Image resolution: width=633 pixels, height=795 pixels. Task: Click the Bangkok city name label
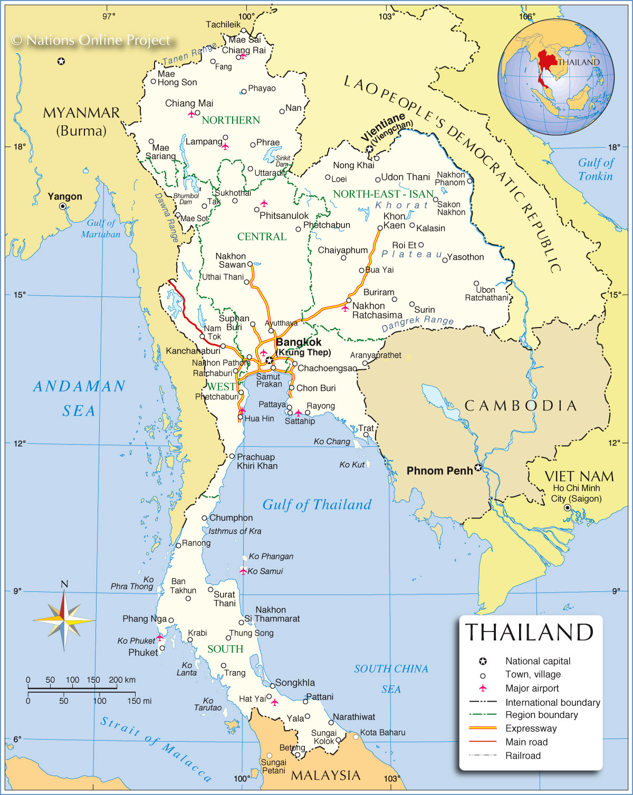[299, 342]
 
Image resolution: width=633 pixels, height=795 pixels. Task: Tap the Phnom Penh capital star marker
[478, 467]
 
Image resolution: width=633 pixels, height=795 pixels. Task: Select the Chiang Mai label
[189, 103]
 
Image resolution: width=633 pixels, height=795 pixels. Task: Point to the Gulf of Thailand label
[317, 505]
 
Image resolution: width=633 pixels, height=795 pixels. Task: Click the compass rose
[64, 619]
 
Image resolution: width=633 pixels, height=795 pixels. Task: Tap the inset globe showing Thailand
[556, 70]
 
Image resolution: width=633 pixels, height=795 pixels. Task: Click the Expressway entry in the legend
[531, 729]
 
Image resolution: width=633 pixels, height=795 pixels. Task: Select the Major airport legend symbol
[482, 688]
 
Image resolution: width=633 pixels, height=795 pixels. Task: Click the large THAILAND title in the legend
[529, 632]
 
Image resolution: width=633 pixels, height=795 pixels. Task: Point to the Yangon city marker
[63, 206]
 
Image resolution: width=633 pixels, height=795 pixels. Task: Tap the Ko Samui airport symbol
[243, 571]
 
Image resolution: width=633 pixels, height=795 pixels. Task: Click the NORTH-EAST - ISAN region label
[383, 194]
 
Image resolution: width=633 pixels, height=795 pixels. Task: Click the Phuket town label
[143, 653]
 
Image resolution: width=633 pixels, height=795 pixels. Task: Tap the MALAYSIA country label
[325, 775]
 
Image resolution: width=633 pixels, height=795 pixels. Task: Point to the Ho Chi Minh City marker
[568, 508]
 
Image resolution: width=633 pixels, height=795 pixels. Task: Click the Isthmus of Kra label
[235, 531]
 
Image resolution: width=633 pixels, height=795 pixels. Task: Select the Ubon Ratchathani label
[486, 294]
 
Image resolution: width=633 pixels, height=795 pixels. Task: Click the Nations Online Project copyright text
[91, 40]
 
